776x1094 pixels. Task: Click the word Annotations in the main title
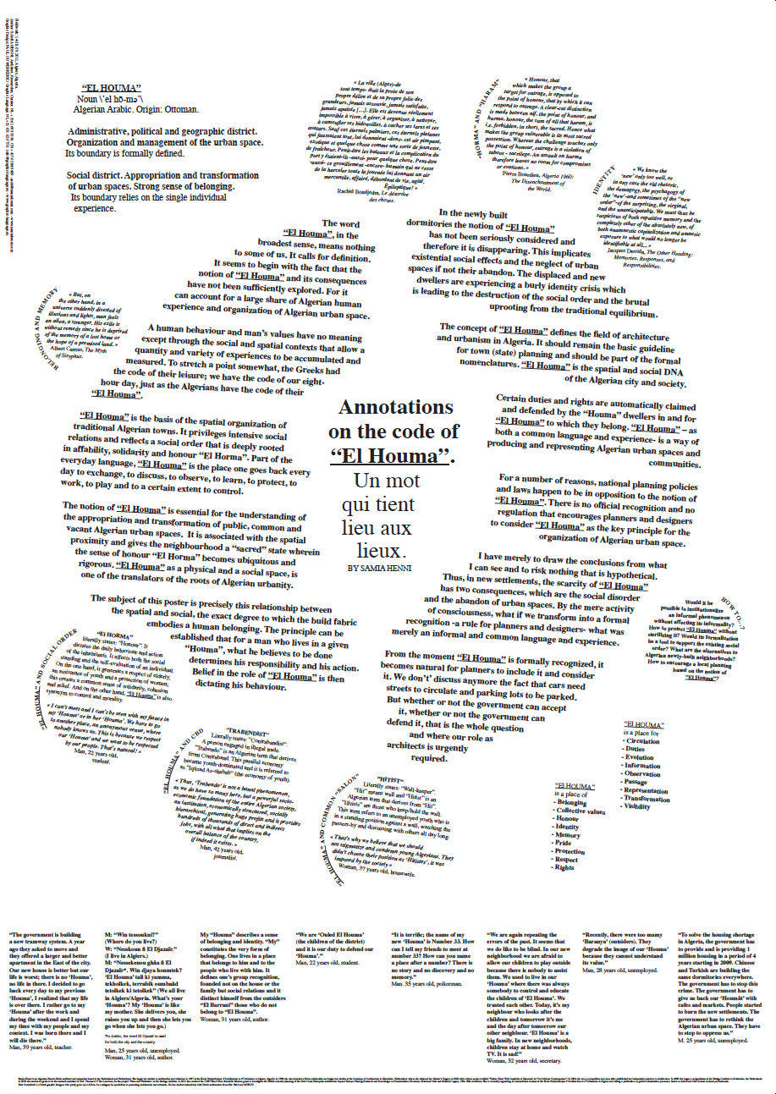[x=390, y=406]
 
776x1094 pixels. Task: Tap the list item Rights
[x=564, y=867]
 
